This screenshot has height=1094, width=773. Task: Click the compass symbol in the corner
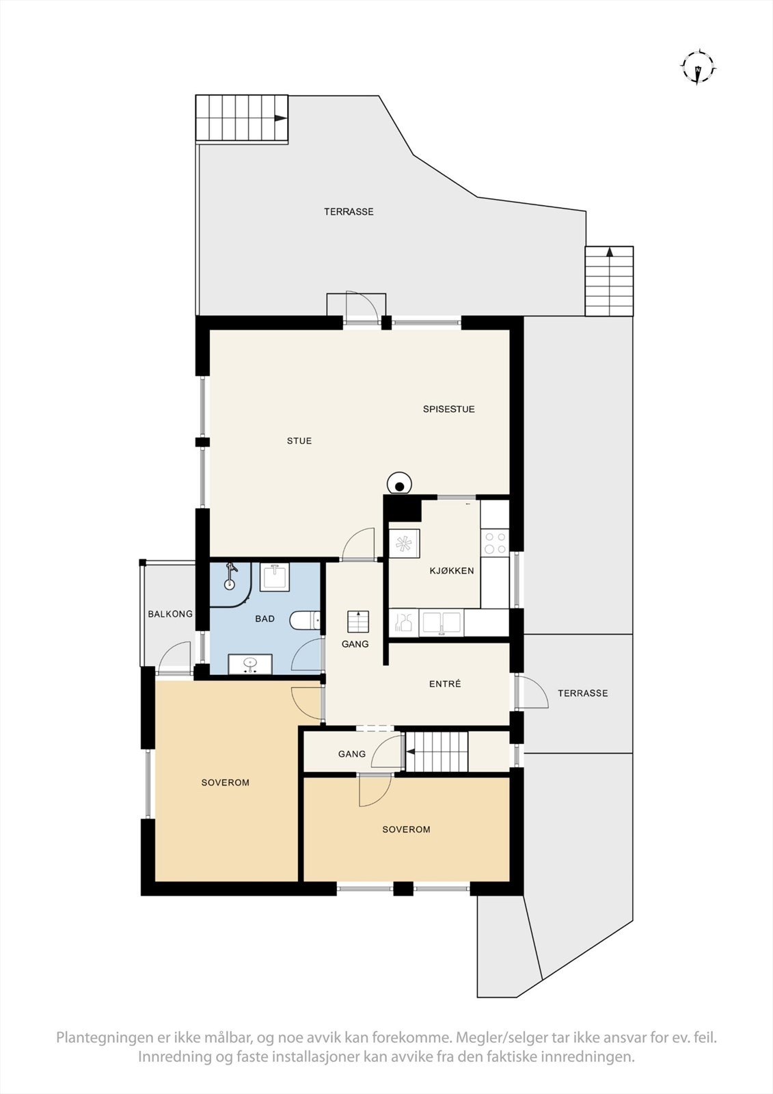pos(697,67)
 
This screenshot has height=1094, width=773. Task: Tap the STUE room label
pos(299,441)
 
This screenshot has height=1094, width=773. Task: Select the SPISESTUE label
pos(448,410)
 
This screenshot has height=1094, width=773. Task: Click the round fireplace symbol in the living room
pos(398,484)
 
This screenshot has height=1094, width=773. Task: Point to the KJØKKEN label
pos(451,571)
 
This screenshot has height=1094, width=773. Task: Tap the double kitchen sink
pos(442,623)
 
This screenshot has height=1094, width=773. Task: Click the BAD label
pos(265,619)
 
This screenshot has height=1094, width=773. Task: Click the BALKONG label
pos(170,614)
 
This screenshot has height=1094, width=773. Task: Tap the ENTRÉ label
pos(445,684)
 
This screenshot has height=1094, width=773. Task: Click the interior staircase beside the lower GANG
pos(437,752)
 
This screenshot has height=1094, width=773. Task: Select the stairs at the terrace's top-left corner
pos(241,118)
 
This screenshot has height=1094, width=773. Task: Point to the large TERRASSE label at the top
pos(349,212)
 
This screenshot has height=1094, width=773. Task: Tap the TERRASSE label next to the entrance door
pos(582,693)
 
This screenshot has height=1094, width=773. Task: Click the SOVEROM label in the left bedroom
pos(225,783)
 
